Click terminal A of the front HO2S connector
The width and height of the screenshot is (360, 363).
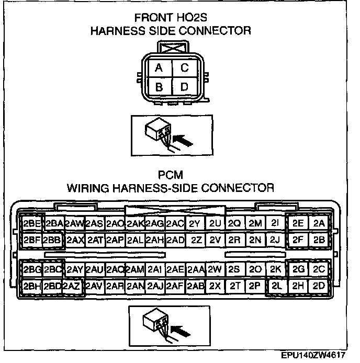(159, 69)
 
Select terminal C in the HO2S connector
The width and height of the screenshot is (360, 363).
(184, 69)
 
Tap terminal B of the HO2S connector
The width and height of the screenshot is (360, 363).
(159, 87)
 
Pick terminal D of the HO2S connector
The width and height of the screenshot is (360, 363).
(184, 87)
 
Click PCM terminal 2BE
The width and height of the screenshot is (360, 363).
(32, 223)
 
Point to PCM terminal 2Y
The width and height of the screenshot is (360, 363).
(195, 223)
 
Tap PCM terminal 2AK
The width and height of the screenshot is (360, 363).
(134, 223)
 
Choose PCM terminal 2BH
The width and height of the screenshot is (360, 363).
(32, 287)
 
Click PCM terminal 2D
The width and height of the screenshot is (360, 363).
(319, 287)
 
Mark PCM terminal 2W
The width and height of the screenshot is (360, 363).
(215, 270)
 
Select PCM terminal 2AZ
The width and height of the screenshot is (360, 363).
(73, 287)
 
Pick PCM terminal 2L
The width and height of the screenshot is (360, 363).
(276, 287)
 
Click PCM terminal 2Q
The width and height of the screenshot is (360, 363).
(234, 223)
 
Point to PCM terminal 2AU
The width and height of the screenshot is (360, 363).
(94, 270)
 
